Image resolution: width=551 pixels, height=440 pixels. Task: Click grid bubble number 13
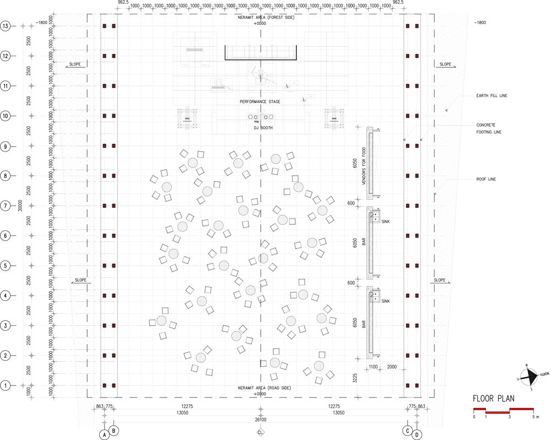(6, 26)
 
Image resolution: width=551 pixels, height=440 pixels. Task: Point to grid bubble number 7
(6, 206)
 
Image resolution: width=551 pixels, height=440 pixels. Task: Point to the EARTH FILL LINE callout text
(491, 96)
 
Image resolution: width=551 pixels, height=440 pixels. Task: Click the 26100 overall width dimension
(261, 420)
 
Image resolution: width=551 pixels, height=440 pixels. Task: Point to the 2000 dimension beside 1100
(392, 367)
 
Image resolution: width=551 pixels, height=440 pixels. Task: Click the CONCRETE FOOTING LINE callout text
(489, 128)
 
